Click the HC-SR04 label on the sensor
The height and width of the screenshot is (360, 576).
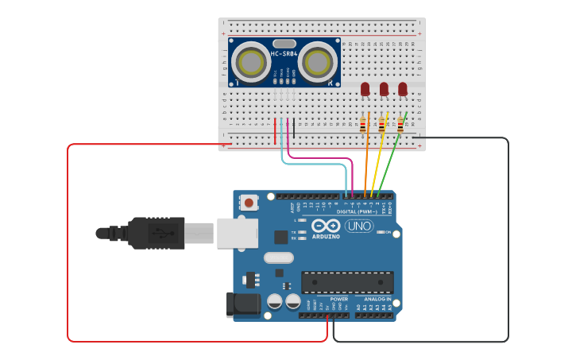point(284,54)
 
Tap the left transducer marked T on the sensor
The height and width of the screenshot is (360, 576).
point(252,61)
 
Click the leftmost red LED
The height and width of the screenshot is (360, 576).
point(365,89)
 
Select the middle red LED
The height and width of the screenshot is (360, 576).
point(384,89)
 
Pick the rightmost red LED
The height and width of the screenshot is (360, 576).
point(403,89)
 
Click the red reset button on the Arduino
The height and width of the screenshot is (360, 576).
point(249,203)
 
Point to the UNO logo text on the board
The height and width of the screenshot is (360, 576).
point(359,226)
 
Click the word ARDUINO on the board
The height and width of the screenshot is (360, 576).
point(326,236)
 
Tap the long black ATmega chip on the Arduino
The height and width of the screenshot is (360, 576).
point(347,282)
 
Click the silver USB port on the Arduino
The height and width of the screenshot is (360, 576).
point(238,233)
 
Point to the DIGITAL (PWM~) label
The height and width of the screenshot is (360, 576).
point(358,212)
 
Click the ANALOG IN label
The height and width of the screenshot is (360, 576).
point(377,299)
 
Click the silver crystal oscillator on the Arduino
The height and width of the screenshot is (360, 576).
point(279,257)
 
